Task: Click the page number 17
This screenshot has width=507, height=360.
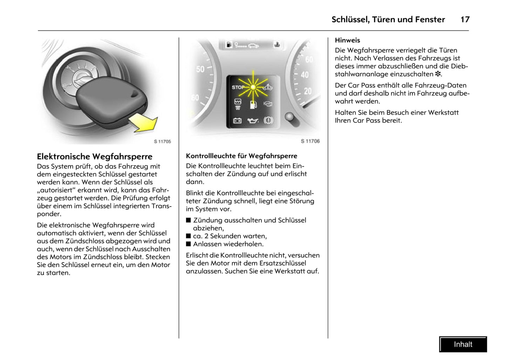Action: pyautogui.click(x=465, y=20)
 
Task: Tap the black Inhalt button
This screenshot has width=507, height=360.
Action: pyautogui.click(x=463, y=345)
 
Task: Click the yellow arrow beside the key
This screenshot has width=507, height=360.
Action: pyautogui.click(x=144, y=123)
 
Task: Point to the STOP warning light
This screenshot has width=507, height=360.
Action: pyautogui.click(x=238, y=87)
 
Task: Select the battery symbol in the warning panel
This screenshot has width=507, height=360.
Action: pyautogui.click(x=238, y=121)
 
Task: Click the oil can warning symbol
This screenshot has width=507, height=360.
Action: pyautogui.click(x=253, y=121)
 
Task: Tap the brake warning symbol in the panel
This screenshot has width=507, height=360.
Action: pyautogui.click(x=268, y=120)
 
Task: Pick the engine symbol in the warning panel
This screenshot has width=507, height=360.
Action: pyautogui.click(x=268, y=104)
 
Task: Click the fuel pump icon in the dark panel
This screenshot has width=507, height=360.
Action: pyautogui.click(x=253, y=104)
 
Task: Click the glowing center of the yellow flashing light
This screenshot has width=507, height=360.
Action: pyautogui.click(x=253, y=87)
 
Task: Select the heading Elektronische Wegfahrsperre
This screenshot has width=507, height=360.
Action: pyautogui.click(x=95, y=156)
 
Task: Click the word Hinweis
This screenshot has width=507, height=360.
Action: pyautogui.click(x=347, y=40)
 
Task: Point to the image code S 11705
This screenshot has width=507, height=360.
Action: pyautogui.click(x=162, y=141)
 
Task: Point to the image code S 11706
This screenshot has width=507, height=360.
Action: pyautogui.click(x=310, y=141)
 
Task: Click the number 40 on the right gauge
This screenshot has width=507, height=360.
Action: pyautogui.click(x=305, y=75)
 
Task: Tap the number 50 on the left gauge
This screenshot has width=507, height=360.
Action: pyautogui.click(x=200, y=69)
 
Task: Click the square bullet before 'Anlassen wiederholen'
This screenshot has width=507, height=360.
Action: pyautogui.click(x=188, y=244)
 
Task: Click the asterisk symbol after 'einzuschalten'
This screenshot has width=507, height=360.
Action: pyautogui.click(x=438, y=74)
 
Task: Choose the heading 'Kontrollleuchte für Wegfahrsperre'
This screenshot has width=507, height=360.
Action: pyautogui.click(x=241, y=156)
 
